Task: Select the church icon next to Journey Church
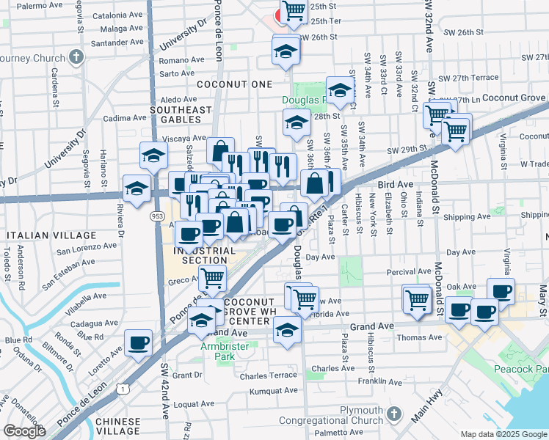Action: click(76, 57)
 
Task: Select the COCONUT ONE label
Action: click(235, 84)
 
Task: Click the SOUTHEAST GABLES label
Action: click(175, 115)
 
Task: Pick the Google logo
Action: click(24, 431)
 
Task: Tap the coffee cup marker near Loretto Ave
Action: click(138, 342)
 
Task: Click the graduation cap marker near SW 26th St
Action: click(286, 51)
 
